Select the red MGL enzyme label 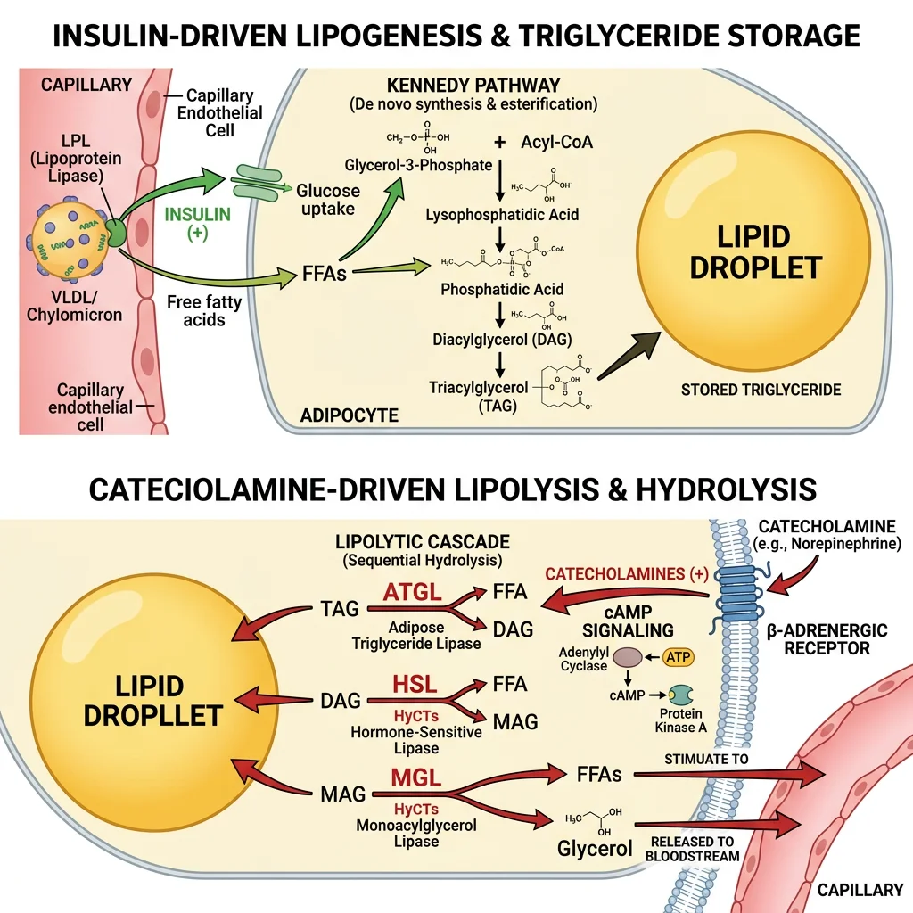click(x=415, y=777)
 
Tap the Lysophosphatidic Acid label click(x=501, y=215)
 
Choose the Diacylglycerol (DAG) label click(x=501, y=339)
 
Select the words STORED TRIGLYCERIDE click(x=761, y=390)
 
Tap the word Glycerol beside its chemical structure click(x=595, y=848)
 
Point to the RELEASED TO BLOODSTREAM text click(x=694, y=848)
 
